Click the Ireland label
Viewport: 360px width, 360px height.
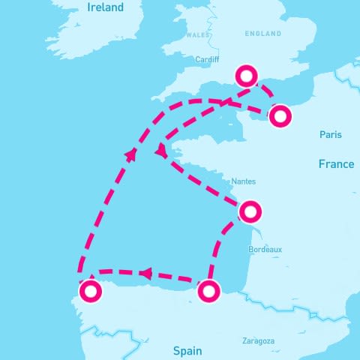[105, 8]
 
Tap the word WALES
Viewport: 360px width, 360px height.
[198, 34]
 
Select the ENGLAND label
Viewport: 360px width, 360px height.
[263, 34]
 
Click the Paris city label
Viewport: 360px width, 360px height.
[330, 135]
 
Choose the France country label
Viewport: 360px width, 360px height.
[335, 164]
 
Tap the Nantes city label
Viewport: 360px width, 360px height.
[244, 181]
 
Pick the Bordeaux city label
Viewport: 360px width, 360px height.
[265, 249]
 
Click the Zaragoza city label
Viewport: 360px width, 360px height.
[258, 341]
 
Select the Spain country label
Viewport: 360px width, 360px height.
[187, 350]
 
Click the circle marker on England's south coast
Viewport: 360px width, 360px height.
[247, 76]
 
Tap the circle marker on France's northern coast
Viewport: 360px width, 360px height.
[280, 116]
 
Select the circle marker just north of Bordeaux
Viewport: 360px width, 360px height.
[250, 211]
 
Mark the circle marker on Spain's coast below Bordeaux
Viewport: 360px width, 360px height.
[209, 289]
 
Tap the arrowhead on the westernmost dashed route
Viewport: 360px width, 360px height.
[132, 154]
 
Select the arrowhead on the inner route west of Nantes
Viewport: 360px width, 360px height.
[160, 152]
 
